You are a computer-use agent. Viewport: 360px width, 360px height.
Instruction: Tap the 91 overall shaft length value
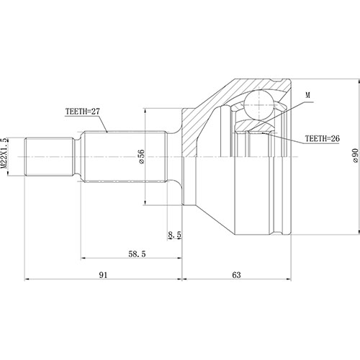(x=104, y=274)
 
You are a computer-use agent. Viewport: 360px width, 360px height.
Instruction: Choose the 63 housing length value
(x=238, y=274)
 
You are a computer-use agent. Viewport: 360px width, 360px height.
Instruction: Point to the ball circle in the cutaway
(x=258, y=105)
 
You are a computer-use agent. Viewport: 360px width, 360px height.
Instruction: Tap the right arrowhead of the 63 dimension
(x=291, y=279)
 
